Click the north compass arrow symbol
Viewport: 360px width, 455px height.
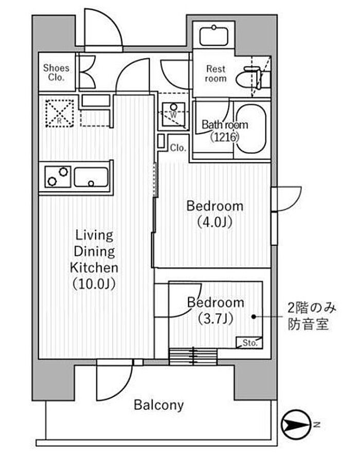click(x=296, y=425)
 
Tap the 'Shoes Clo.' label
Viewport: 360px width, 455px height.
click(x=56, y=73)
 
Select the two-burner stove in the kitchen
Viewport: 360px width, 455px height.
click(x=58, y=176)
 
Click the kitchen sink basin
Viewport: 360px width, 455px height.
click(x=91, y=176)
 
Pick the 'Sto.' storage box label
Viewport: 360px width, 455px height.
click(x=250, y=342)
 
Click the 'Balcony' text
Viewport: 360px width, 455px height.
click(x=158, y=405)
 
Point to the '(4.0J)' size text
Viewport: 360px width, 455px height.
click(x=215, y=223)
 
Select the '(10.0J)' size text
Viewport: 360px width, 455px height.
click(x=94, y=284)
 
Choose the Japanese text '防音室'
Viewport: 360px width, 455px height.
click(x=308, y=325)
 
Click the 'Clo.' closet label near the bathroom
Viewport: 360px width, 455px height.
click(x=178, y=148)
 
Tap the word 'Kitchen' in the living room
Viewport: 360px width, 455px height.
click(x=94, y=268)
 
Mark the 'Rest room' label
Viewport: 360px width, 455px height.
click(x=215, y=73)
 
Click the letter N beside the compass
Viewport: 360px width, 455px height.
click(x=317, y=425)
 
